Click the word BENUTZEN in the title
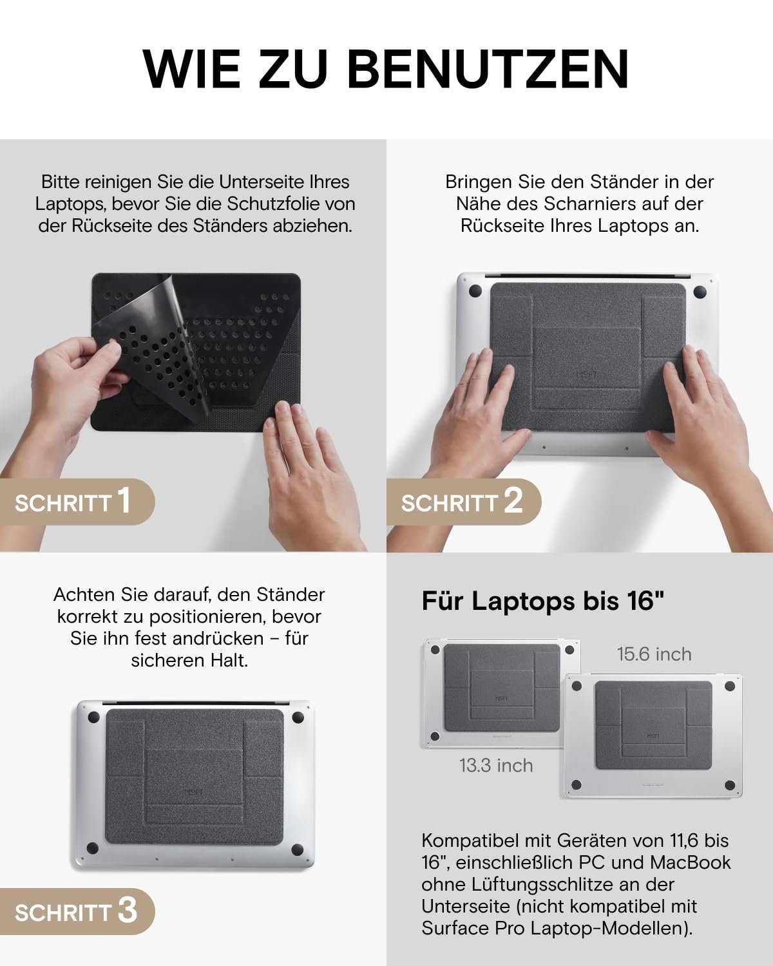point(488,70)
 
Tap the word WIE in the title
point(192,70)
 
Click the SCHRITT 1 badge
point(77,502)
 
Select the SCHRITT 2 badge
point(464,502)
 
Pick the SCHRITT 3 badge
point(77,911)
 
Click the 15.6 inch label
point(654,654)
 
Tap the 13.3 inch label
point(496,765)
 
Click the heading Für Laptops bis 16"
point(543,601)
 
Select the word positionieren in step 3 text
point(207,617)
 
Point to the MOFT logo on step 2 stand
point(587,374)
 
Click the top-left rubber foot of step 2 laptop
point(475,291)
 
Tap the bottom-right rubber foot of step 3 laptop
point(298,849)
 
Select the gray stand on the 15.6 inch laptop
point(654,724)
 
